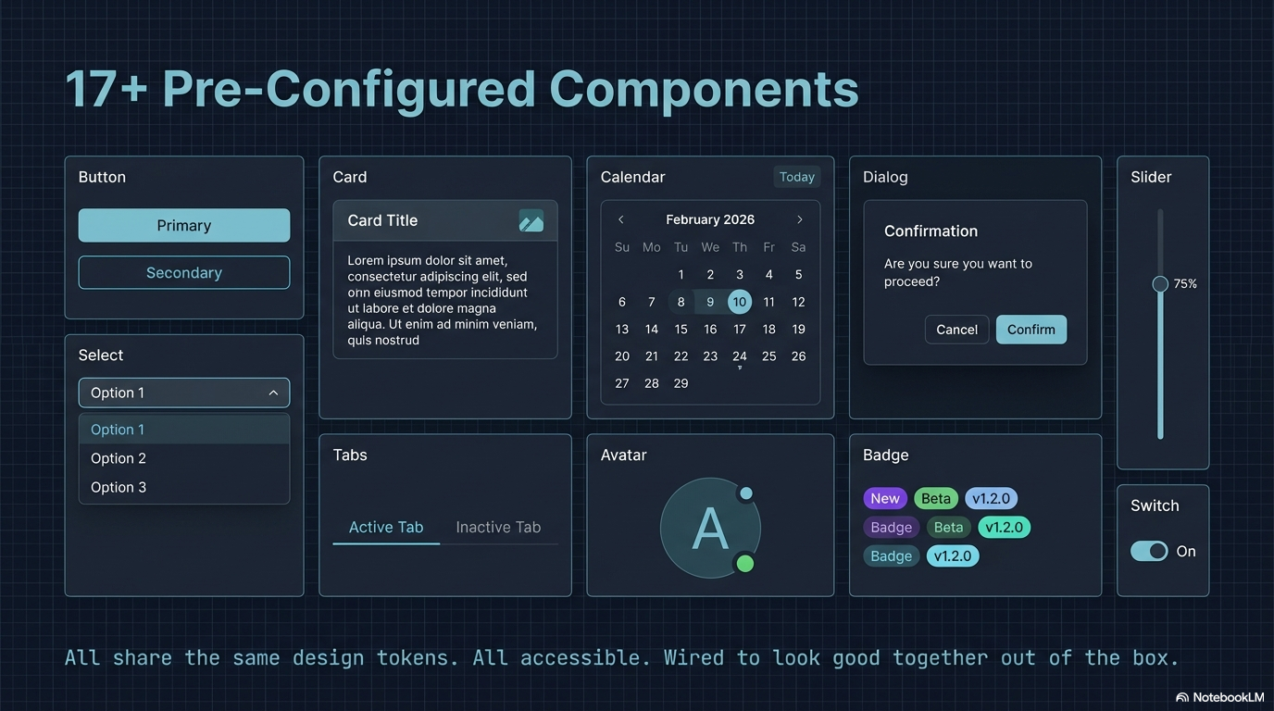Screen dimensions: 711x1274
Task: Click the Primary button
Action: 183,225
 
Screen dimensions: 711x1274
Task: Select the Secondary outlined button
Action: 183,272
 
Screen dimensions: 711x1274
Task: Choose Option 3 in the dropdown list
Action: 119,487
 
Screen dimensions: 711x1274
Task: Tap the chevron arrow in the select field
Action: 273,393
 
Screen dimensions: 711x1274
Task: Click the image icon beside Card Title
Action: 531,220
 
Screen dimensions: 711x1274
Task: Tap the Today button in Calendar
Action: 796,177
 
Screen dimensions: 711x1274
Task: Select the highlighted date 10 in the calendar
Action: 739,301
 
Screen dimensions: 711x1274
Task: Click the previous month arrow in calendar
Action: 621,219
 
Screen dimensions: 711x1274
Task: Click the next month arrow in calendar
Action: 800,219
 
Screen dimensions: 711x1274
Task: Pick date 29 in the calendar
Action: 681,383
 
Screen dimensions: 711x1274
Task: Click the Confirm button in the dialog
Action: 1030,330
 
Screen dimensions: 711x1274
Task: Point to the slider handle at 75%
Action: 1160,284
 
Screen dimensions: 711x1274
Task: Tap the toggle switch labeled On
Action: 1149,551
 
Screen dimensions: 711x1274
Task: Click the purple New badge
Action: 884,498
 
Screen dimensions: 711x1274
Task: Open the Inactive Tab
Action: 498,527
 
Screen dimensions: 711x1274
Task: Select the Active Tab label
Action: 385,527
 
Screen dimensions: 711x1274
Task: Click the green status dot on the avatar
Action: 744,563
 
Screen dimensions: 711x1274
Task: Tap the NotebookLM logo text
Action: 1228,697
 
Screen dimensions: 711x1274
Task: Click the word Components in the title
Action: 704,90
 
